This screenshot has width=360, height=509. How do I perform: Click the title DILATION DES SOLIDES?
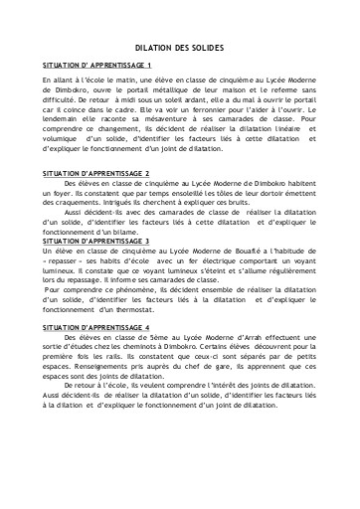(x=179, y=47)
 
